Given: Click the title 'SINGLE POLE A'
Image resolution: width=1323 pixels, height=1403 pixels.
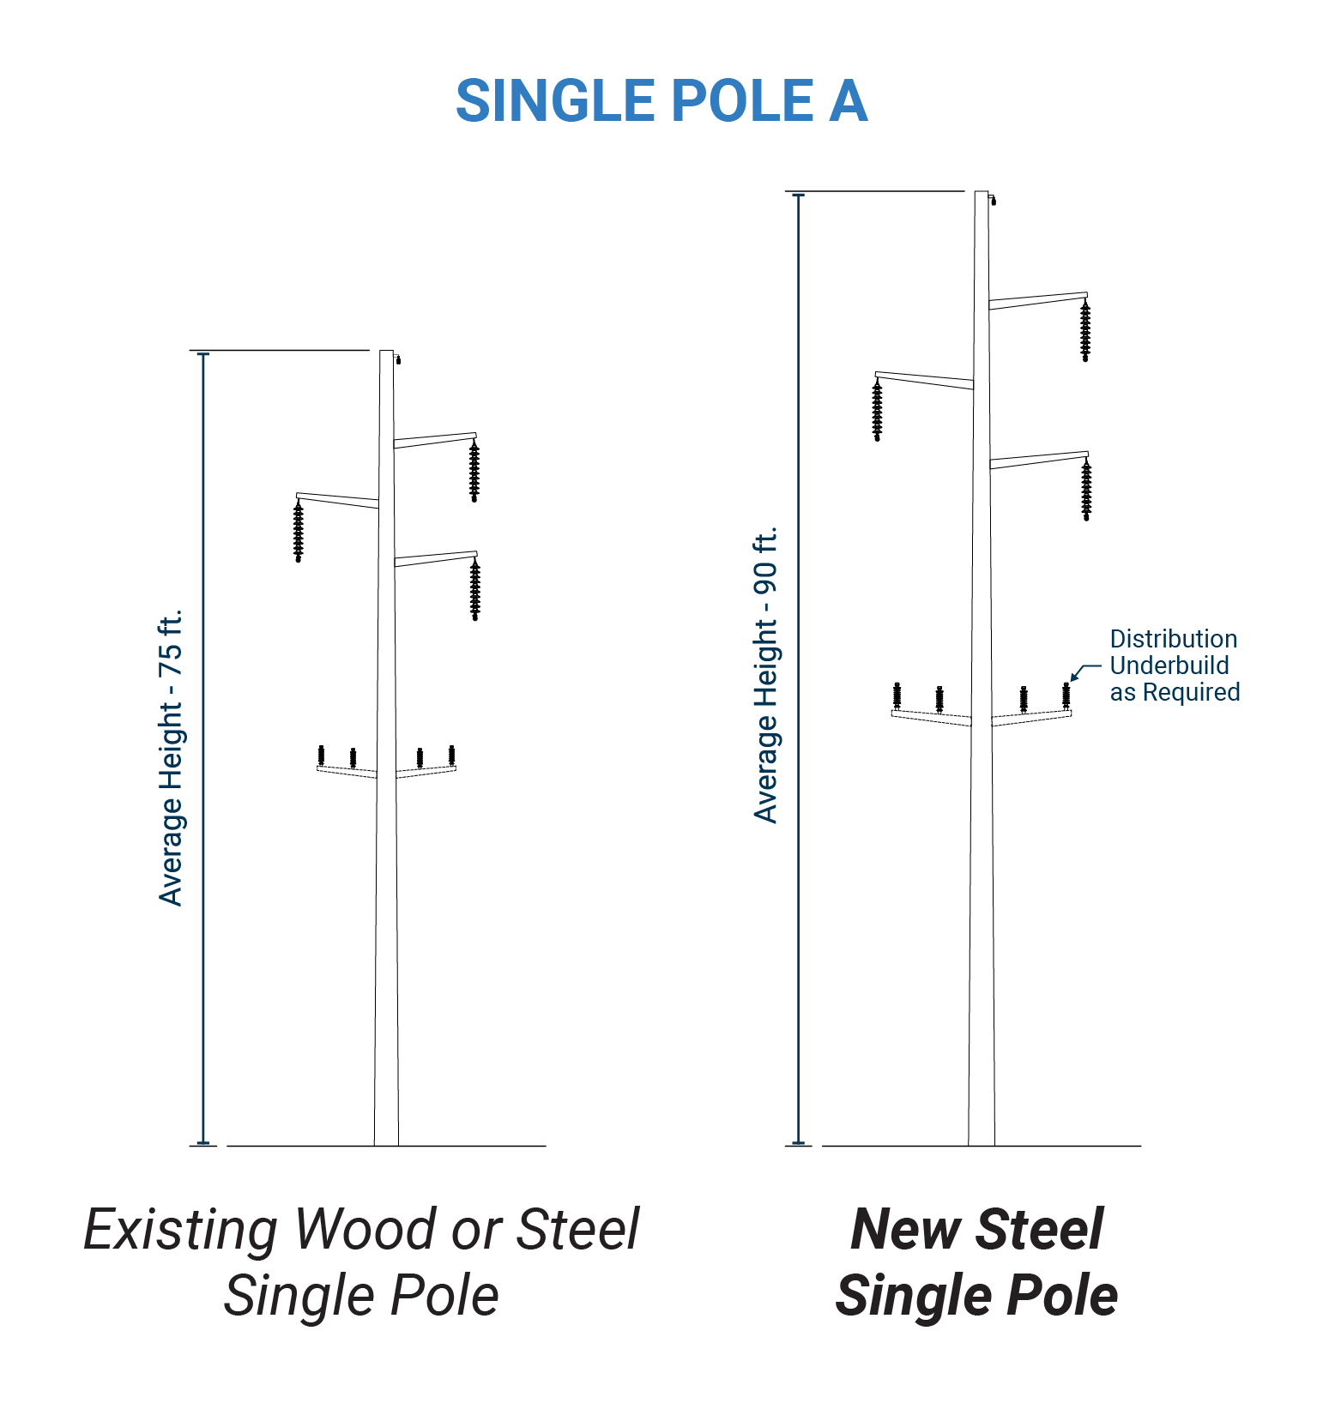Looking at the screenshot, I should [661, 101].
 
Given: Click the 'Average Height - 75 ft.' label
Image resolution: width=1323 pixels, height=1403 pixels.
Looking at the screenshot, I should [172, 757].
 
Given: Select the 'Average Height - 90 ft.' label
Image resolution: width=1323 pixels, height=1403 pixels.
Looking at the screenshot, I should [765, 675].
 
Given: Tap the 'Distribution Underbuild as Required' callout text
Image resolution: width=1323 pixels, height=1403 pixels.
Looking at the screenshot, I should [1174, 665].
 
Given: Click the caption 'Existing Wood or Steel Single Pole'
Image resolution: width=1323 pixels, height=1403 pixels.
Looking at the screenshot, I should [361, 1261].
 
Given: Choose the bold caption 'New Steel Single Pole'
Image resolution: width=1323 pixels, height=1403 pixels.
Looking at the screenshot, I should [976, 1261].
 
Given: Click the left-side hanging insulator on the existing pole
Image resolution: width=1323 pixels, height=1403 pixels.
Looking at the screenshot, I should [299, 532].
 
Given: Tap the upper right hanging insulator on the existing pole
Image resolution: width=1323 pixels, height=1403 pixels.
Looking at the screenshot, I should [474, 471].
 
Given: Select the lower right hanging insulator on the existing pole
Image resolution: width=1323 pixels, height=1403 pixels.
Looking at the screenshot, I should [475, 589].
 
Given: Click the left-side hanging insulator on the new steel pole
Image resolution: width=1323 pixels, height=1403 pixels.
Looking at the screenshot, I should [877, 411].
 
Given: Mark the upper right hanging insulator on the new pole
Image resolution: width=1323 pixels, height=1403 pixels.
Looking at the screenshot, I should [1085, 330].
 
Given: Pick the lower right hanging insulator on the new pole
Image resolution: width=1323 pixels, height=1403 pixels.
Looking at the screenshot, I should [1086, 490].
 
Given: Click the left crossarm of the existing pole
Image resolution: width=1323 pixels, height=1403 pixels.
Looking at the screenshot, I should [337, 500].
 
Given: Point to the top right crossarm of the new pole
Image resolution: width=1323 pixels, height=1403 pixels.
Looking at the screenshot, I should [1038, 300].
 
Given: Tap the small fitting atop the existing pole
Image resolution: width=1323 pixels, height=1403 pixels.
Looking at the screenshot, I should [397, 360].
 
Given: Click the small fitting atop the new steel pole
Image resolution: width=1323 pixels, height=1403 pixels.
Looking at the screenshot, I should [994, 202].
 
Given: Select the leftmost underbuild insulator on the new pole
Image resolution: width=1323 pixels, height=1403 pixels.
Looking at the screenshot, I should [897, 695].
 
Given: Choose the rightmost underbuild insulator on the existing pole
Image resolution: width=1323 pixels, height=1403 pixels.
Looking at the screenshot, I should [451, 756].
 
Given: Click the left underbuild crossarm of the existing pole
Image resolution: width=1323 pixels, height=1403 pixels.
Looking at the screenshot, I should [347, 772].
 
